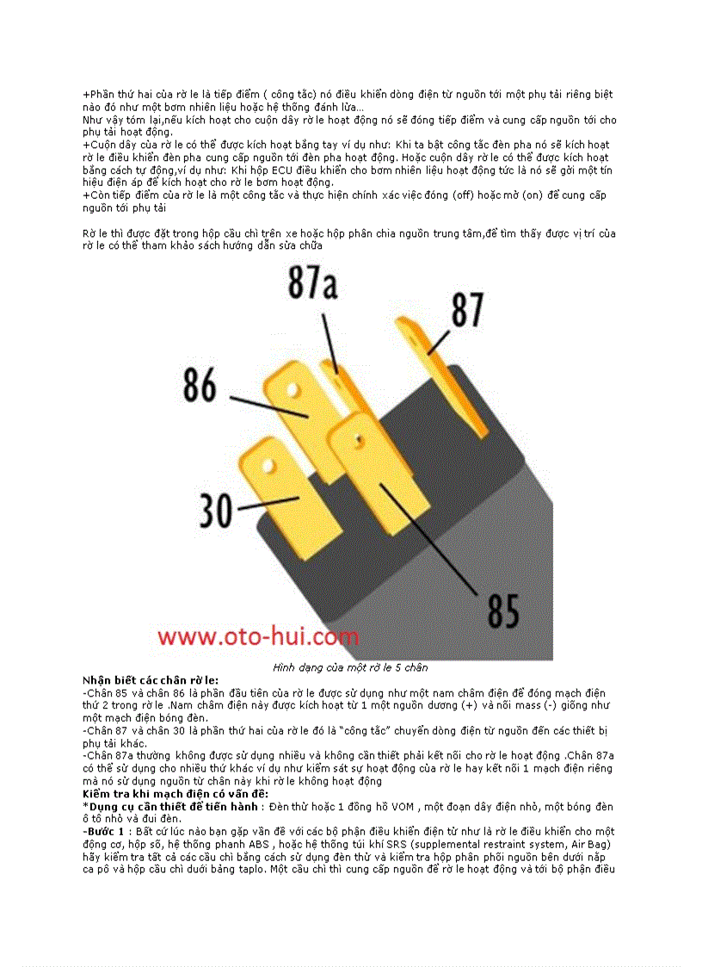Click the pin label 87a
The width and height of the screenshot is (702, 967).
(x=311, y=284)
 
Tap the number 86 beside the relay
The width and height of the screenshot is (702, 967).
(x=200, y=386)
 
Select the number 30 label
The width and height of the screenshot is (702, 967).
(x=216, y=510)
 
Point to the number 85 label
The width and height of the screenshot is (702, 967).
(x=503, y=610)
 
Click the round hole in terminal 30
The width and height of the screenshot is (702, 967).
(x=268, y=467)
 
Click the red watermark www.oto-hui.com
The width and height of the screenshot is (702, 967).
(x=256, y=637)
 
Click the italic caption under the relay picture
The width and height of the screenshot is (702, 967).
(x=350, y=667)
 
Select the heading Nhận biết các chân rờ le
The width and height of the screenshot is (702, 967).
(x=151, y=680)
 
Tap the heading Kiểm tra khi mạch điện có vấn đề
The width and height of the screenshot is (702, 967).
(x=175, y=793)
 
